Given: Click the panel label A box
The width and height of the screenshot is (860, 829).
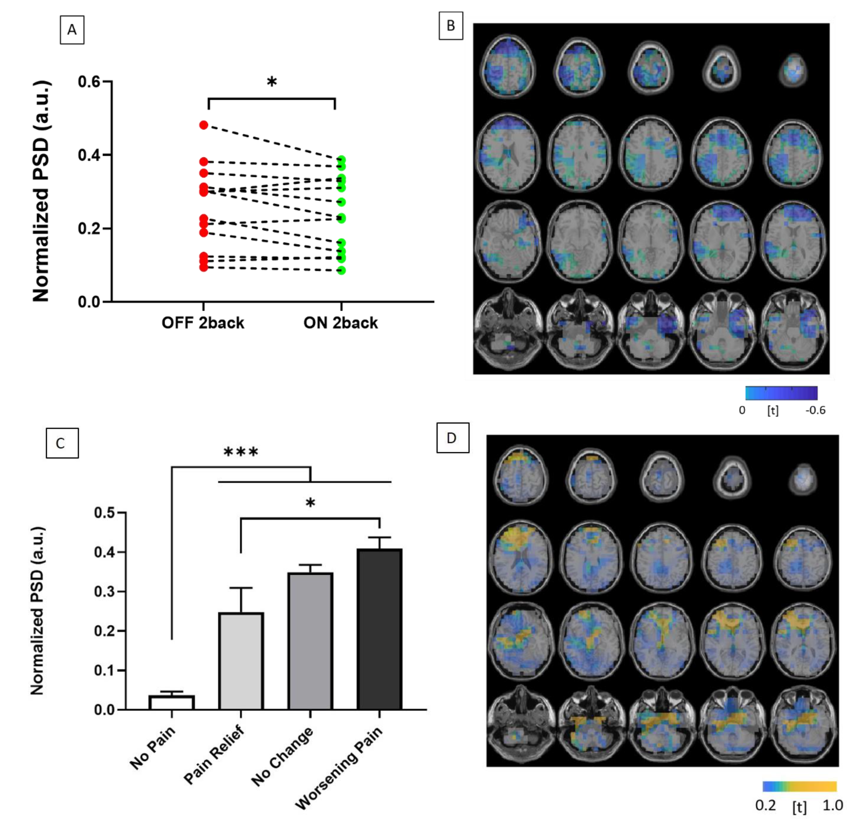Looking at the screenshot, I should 72,30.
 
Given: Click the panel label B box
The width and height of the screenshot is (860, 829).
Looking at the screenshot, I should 451,26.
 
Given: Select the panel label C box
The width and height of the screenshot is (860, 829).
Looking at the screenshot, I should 62,443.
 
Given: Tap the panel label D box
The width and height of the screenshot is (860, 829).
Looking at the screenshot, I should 452,438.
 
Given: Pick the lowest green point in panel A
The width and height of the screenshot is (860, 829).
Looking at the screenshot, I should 341,270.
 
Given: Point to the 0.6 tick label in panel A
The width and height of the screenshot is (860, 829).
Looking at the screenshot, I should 89,82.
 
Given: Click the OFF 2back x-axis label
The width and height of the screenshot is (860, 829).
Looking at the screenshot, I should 203,323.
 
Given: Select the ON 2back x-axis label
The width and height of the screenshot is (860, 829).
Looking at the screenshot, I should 341,323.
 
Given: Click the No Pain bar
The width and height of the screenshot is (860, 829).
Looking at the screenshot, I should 171,702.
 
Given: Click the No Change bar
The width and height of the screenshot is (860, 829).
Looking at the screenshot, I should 310,641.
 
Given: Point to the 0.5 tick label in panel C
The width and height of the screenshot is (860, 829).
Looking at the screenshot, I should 104,513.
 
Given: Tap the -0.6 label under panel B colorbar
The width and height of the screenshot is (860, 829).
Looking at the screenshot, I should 815,410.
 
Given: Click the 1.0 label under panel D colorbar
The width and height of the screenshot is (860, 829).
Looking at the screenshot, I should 832,805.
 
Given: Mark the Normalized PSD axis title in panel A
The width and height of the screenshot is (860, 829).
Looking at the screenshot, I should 42,191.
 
